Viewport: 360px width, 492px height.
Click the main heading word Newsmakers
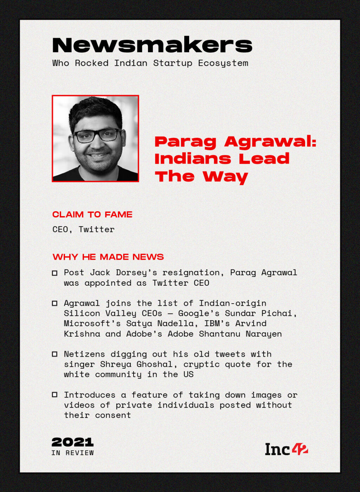click(x=152, y=45)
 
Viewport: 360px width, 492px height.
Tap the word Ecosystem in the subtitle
click(x=223, y=63)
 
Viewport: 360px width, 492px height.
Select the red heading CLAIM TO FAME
click(x=92, y=214)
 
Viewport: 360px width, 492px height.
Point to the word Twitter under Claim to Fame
click(x=96, y=229)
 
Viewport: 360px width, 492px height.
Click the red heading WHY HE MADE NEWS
click(x=108, y=257)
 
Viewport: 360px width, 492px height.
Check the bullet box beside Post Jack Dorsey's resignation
click(x=55, y=273)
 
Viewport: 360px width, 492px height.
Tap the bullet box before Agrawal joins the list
click(x=55, y=303)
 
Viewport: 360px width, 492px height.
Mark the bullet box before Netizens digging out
click(x=55, y=354)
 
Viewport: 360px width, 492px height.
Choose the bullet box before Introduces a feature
click(x=55, y=395)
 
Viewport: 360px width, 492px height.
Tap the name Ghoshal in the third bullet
click(x=155, y=364)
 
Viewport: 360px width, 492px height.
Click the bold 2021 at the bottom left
click(x=72, y=442)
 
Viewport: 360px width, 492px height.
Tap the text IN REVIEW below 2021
click(x=72, y=453)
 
